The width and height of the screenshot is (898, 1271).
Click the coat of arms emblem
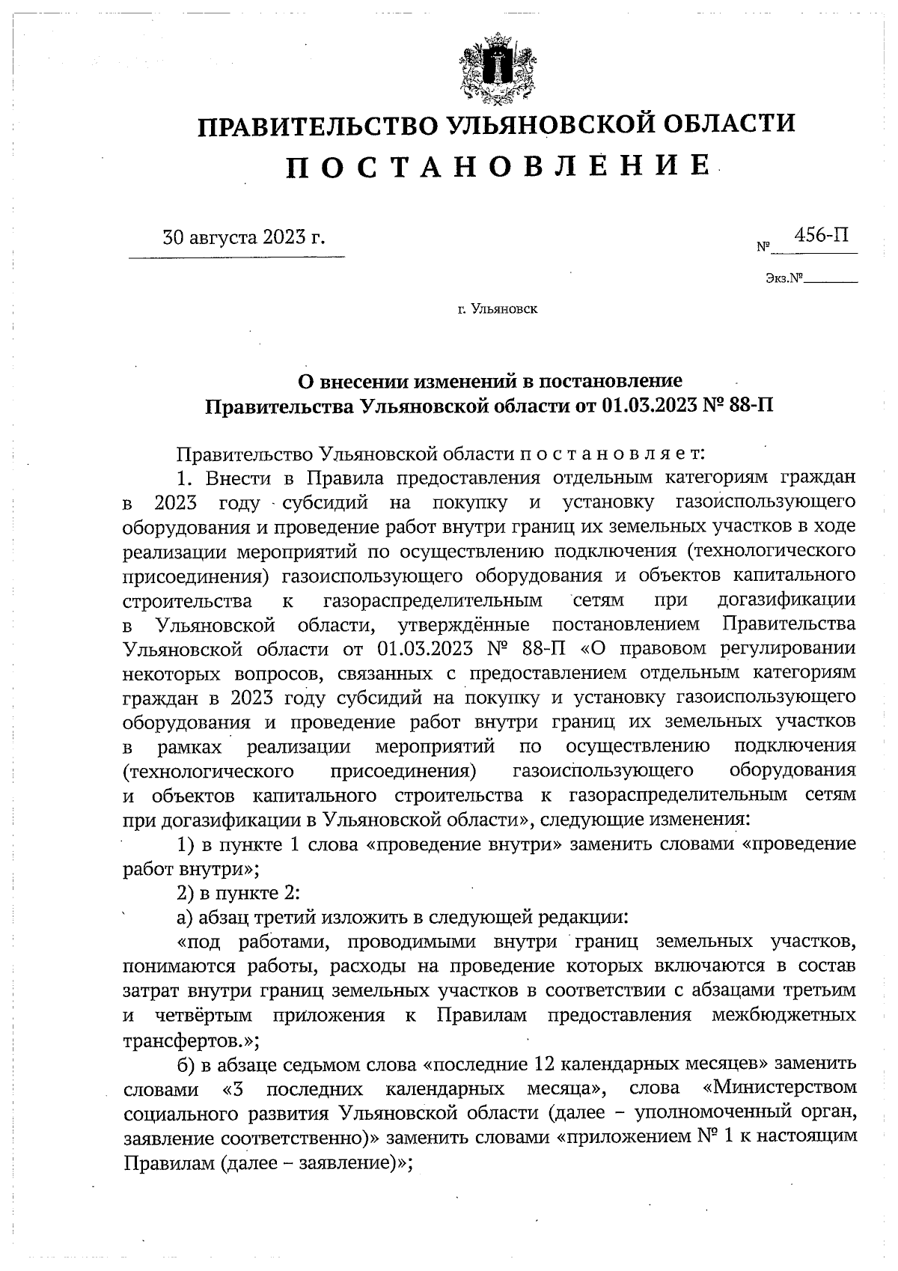pos(495,69)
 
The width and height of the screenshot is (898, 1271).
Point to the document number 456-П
pos(821,236)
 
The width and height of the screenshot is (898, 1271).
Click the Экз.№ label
pos(784,278)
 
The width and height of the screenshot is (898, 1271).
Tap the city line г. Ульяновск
pos(498,308)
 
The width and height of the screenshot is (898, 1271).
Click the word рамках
pos(189,746)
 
